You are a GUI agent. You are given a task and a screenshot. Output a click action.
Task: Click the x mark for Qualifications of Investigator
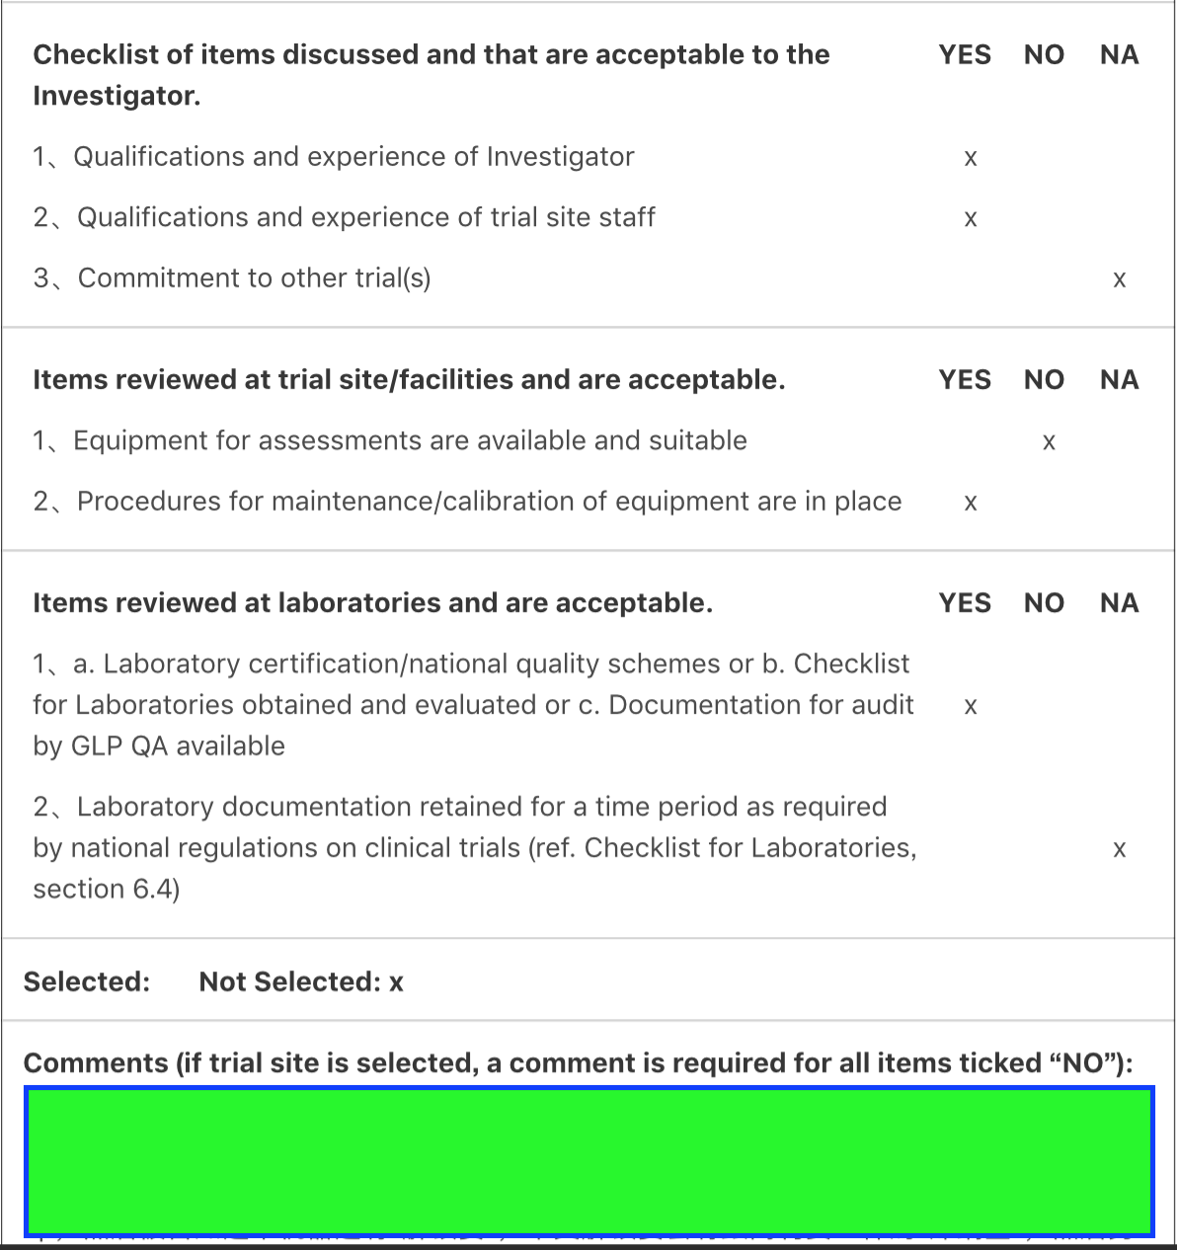[x=971, y=159]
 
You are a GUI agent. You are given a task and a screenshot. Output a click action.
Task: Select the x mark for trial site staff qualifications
[x=971, y=219]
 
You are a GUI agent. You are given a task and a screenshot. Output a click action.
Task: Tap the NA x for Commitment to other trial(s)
[x=1119, y=280]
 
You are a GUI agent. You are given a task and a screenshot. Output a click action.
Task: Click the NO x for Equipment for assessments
[x=1049, y=443]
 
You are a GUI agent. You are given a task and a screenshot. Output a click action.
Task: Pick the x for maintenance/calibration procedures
[x=971, y=504]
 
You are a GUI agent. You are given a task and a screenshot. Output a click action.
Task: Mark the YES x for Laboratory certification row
[x=971, y=707]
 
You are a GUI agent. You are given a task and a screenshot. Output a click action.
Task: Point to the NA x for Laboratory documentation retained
[x=1119, y=850]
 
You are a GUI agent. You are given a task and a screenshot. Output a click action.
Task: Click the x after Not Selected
[x=396, y=983]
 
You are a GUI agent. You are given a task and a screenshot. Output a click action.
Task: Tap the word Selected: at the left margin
[x=87, y=982]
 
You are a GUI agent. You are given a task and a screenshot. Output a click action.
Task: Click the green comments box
[x=588, y=1160]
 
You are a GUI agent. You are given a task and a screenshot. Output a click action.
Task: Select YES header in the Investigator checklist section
[x=965, y=54]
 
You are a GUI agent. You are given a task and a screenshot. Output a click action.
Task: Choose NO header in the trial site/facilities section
[x=1044, y=380]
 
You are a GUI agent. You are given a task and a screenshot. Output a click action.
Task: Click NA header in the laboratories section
[x=1119, y=603]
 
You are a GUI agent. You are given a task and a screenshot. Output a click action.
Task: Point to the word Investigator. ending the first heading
[x=117, y=96]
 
